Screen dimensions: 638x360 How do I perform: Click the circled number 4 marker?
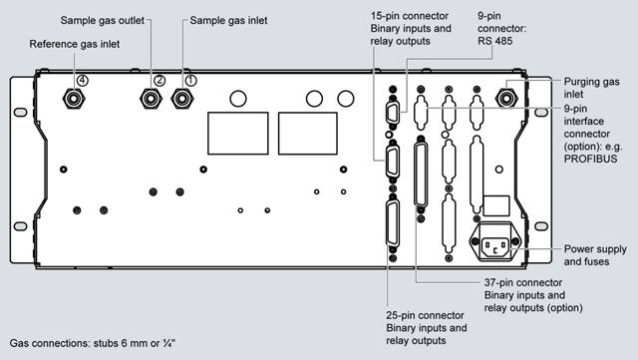[x=83, y=81]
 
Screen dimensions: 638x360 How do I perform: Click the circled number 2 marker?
[x=159, y=80]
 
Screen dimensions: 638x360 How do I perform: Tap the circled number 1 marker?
[x=190, y=81]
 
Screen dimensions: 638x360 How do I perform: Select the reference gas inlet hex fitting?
[x=74, y=99]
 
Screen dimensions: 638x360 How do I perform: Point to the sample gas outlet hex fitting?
[x=151, y=99]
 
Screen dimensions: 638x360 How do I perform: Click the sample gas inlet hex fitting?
[x=181, y=99]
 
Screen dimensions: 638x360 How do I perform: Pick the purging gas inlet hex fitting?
[x=506, y=99]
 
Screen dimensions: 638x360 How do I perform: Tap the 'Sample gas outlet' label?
[x=102, y=20]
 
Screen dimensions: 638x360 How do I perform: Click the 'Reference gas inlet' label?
[x=75, y=44]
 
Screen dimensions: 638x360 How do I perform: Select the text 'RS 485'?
[x=495, y=41]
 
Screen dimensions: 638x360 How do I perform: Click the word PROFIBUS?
[x=590, y=159]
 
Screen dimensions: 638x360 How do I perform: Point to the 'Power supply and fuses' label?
[x=595, y=255]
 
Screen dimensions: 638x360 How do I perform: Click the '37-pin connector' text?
[x=523, y=282]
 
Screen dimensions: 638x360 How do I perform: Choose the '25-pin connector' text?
[x=425, y=315]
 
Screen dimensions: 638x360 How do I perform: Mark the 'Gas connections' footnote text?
[x=93, y=343]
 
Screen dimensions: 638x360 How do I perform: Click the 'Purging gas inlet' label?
[x=591, y=88]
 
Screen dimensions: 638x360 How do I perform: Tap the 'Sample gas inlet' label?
[x=228, y=20]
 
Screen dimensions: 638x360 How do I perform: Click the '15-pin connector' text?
[x=410, y=16]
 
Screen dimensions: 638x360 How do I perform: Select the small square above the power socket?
[x=496, y=205]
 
